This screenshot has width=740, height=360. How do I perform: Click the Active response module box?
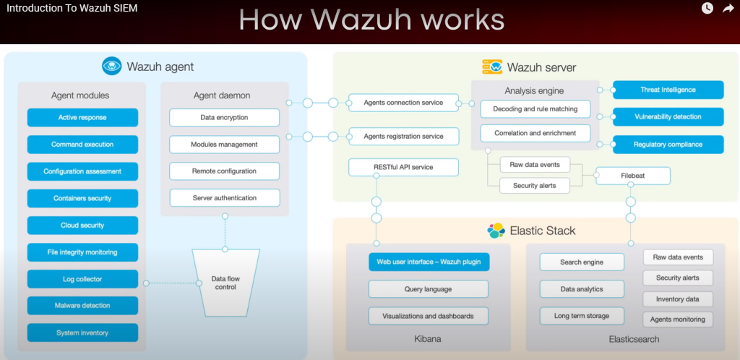point(82,117)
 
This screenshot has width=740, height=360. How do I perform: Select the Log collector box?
point(82,278)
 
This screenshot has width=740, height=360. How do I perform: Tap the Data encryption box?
point(224,117)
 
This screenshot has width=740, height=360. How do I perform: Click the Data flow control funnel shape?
point(225,282)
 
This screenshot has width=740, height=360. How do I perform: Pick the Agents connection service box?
point(403,103)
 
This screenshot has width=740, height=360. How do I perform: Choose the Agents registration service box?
point(403,135)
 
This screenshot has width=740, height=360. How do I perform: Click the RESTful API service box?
point(403,167)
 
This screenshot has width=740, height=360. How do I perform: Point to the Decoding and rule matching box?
point(535,109)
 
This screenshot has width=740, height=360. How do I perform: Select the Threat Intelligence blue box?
point(668,90)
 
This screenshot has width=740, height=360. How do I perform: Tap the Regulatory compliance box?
point(668,145)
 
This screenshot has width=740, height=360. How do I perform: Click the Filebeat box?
point(632,175)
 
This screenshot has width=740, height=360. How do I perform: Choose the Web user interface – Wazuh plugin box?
point(429,261)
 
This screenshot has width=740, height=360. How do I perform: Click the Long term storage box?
point(581,316)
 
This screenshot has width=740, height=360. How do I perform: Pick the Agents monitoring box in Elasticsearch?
point(678,319)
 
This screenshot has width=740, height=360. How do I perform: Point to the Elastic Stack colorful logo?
point(496,231)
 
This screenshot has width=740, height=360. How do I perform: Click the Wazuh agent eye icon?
point(111,67)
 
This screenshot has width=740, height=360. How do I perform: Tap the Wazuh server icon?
point(492,67)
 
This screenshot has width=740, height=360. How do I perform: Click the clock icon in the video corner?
point(707,8)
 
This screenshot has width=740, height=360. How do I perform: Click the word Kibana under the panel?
point(428,338)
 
